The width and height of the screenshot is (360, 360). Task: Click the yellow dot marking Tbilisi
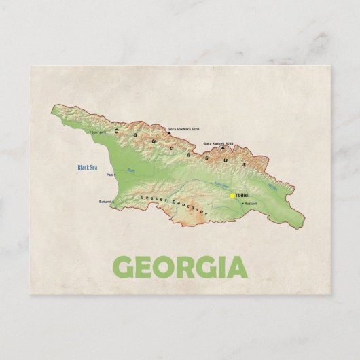click(x=232, y=196)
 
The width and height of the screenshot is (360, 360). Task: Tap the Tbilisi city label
click(x=242, y=196)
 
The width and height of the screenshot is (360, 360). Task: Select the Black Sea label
click(x=88, y=167)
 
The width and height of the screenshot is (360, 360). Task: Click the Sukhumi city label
click(x=99, y=132)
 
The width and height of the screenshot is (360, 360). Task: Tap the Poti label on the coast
click(x=109, y=175)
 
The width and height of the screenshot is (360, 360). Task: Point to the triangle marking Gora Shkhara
click(x=168, y=127)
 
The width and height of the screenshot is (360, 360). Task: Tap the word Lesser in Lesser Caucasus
click(x=151, y=199)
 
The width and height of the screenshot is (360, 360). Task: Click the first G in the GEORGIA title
click(x=125, y=269)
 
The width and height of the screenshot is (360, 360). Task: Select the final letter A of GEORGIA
click(x=235, y=269)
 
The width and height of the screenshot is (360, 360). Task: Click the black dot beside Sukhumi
click(x=90, y=132)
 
